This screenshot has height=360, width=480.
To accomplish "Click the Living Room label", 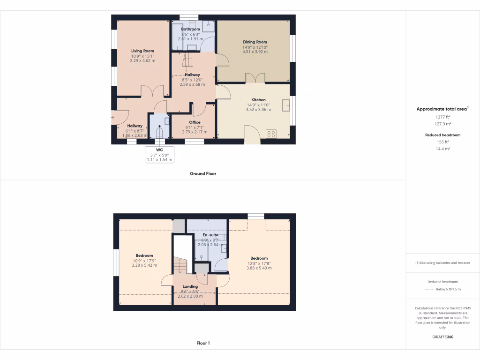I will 142,51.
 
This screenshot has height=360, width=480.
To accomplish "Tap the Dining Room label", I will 255,42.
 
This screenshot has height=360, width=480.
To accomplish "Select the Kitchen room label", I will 258,100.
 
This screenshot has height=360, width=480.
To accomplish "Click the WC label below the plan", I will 159,150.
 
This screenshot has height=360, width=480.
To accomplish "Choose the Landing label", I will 190,286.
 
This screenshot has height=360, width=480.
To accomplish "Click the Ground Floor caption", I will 203,173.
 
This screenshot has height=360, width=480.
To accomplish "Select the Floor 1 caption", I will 203,343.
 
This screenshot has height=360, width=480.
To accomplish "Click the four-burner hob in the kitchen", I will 271,134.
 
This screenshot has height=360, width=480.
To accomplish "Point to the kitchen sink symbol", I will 286,105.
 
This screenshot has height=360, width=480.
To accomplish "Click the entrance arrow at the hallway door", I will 113,117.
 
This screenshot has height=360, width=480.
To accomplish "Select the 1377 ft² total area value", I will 443,117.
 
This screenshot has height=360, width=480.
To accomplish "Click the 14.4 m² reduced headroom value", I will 443,148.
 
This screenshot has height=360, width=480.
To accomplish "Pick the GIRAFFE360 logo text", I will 443,337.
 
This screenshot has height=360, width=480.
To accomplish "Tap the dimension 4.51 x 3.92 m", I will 255,52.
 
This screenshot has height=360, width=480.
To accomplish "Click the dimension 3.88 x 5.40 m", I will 259,268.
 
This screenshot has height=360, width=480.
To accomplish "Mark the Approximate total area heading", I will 442,109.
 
